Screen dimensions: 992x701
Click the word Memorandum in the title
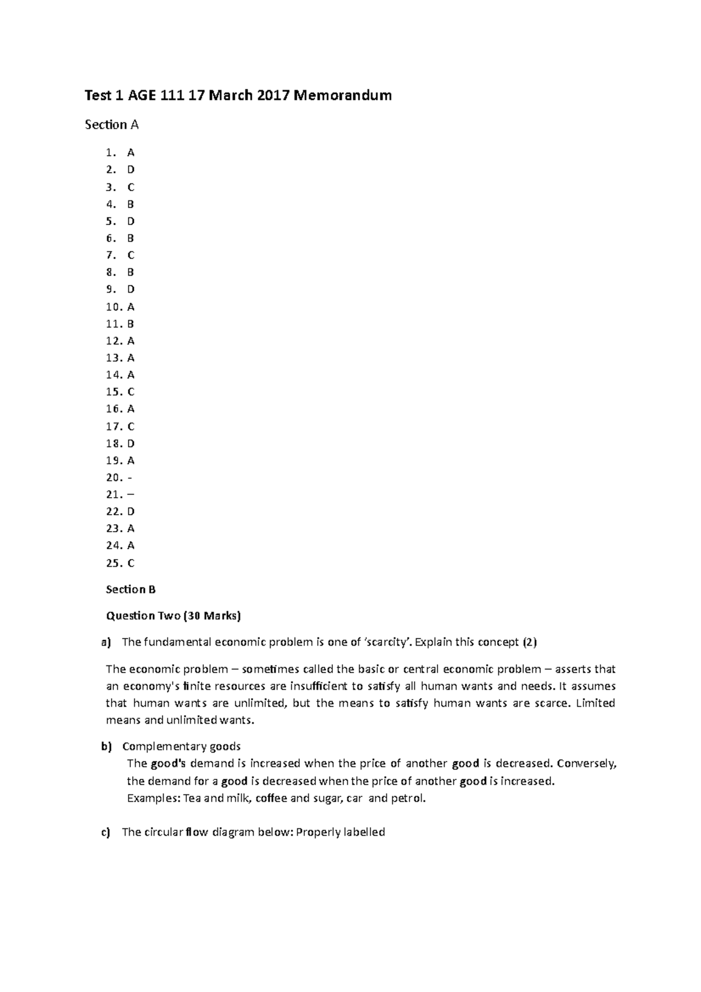click(x=342, y=95)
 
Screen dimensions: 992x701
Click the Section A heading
click(x=112, y=124)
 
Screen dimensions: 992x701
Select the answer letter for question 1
click(x=131, y=153)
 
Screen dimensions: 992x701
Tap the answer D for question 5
click(x=131, y=221)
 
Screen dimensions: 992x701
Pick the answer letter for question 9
click(x=131, y=289)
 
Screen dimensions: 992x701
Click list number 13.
click(x=114, y=358)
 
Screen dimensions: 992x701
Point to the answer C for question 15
click(x=131, y=392)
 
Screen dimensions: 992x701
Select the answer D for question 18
click(x=131, y=443)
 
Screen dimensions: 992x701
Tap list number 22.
click(x=114, y=512)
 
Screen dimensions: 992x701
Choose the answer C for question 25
click(x=131, y=563)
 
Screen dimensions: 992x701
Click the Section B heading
click(x=130, y=589)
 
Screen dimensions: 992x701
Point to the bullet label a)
click(x=105, y=643)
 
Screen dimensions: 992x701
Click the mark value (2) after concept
click(x=529, y=643)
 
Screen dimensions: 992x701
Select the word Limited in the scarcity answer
click(x=595, y=703)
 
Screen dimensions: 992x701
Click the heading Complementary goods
click(x=181, y=747)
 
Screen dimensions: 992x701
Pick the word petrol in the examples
click(x=408, y=798)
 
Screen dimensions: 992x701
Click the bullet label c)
click(x=105, y=833)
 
